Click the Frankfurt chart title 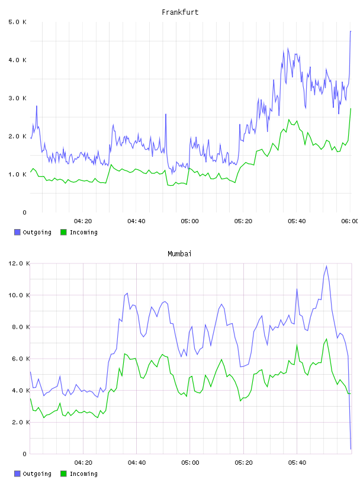click(x=180, y=12)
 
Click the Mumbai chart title click(x=179, y=254)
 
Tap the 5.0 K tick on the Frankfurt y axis click(x=18, y=22)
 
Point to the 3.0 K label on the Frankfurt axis click(x=18, y=98)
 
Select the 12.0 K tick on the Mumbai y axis click(x=19, y=263)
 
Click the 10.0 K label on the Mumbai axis click(x=19, y=295)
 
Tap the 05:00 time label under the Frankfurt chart click(x=190, y=221)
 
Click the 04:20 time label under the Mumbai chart click(x=83, y=463)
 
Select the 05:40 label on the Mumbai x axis click(x=297, y=463)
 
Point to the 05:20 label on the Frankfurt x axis click(x=243, y=221)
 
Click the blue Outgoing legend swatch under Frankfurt click(x=17, y=232)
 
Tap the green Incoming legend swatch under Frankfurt click(x=63, y=232)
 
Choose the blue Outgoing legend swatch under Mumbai click(x=17, y=474)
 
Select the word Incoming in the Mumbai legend click(x=84, y=474)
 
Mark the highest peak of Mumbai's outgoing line click(x=327, y=266)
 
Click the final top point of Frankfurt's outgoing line click(x=351, y=31)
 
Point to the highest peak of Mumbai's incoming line click(x=327, y=339)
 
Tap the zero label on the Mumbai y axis click(x=25, y=454)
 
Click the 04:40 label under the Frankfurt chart click(x=137, y=221)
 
